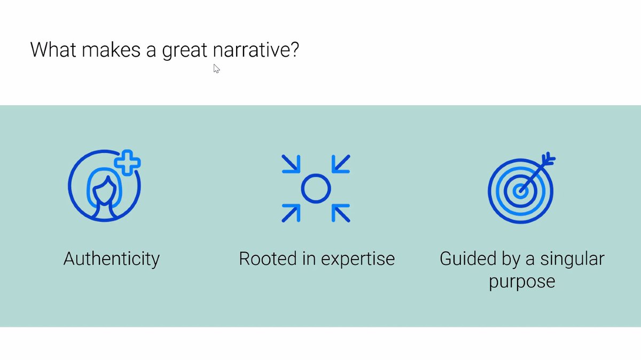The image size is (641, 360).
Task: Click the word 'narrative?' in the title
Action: coord(256,50)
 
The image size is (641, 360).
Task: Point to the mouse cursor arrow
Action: coord(216,68)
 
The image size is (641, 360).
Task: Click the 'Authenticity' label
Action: coord(112,259)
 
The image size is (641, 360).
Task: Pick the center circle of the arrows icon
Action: coord(316,188)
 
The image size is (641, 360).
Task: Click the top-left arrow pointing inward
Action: coord(291,163)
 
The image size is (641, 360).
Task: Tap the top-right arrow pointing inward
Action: coord(340,163)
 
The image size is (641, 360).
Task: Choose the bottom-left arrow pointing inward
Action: coord(291,213)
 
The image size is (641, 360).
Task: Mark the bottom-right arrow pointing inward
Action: coord(340,213)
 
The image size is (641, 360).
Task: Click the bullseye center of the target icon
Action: coord(519,190)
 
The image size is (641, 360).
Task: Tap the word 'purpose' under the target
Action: coord(522,281)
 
